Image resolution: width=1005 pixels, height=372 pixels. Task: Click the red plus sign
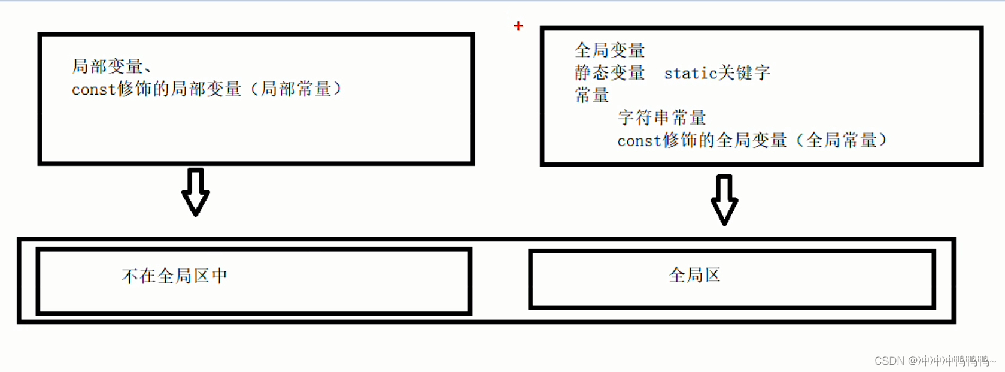point(518,26)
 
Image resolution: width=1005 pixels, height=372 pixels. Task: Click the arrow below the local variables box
point(195,192)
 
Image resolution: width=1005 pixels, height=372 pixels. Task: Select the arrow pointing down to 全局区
point(724,199)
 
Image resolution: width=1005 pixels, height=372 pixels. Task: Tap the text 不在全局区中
point(174,276)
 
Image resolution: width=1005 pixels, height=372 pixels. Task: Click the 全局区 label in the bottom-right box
point(694,275)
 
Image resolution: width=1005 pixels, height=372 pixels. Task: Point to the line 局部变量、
point(111,66)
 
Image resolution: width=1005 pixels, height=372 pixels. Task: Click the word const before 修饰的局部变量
point(93,90)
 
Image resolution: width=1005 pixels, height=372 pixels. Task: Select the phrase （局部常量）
point(296,89)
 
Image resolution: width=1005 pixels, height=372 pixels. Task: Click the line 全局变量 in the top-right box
point(609,50)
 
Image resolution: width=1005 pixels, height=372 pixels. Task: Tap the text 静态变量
point(609,73)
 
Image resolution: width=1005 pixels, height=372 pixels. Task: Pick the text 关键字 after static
point(744,73)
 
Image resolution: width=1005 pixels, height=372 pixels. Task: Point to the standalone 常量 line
point(591,95)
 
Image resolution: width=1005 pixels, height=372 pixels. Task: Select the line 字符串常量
point(661,117)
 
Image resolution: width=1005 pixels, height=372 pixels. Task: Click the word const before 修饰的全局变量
point(639,141)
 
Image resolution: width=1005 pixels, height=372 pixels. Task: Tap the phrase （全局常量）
point(841,140)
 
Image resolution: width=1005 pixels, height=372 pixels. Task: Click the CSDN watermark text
point(889,361)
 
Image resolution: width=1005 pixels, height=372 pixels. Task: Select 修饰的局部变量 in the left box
point(180,89)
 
